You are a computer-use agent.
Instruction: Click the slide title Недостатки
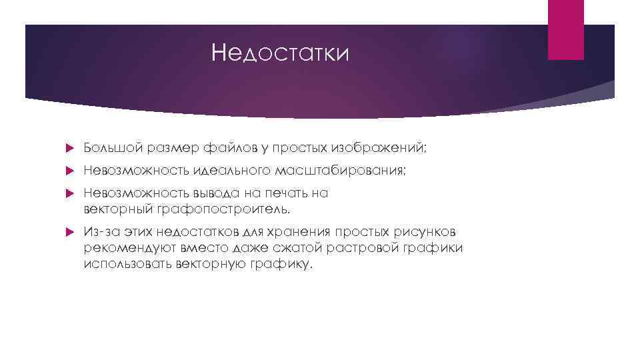pyautogui.click(x=279, y=53)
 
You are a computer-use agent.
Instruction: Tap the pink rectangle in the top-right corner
pyautogui.click(x=565, y=29)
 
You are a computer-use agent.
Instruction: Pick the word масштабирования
pyautogui.click(x=337, y=171)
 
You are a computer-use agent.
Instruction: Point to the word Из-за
pyautogui.click(x=101, y=232)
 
